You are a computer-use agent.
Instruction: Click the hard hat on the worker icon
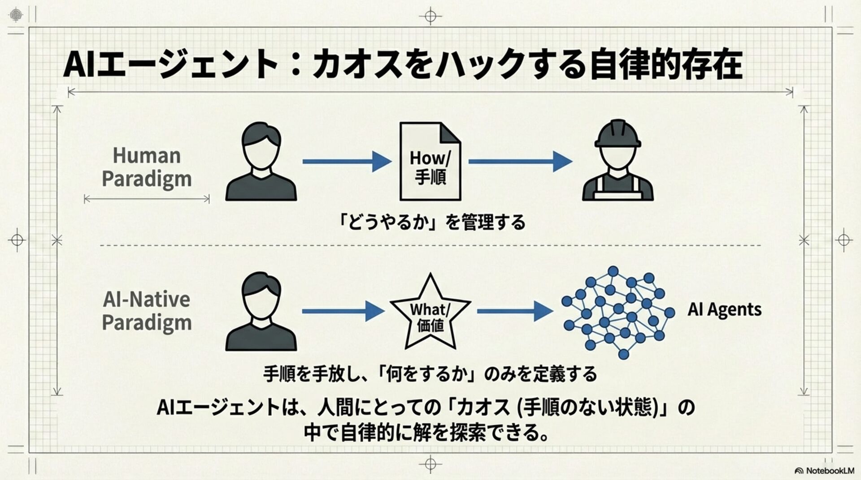coord(617,133)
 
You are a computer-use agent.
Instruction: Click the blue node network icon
coord(618,312)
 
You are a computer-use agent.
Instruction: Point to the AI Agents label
coord(724,309)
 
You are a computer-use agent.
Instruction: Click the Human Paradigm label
coord(147,167)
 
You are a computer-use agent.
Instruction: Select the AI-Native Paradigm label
coord(147,311)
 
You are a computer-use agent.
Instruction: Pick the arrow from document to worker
coord(520,161)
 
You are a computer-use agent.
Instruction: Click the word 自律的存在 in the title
coord(665,65)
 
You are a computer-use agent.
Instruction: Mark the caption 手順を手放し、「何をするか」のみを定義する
coord(430,374)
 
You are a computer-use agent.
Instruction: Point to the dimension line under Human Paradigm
coord(147,199)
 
